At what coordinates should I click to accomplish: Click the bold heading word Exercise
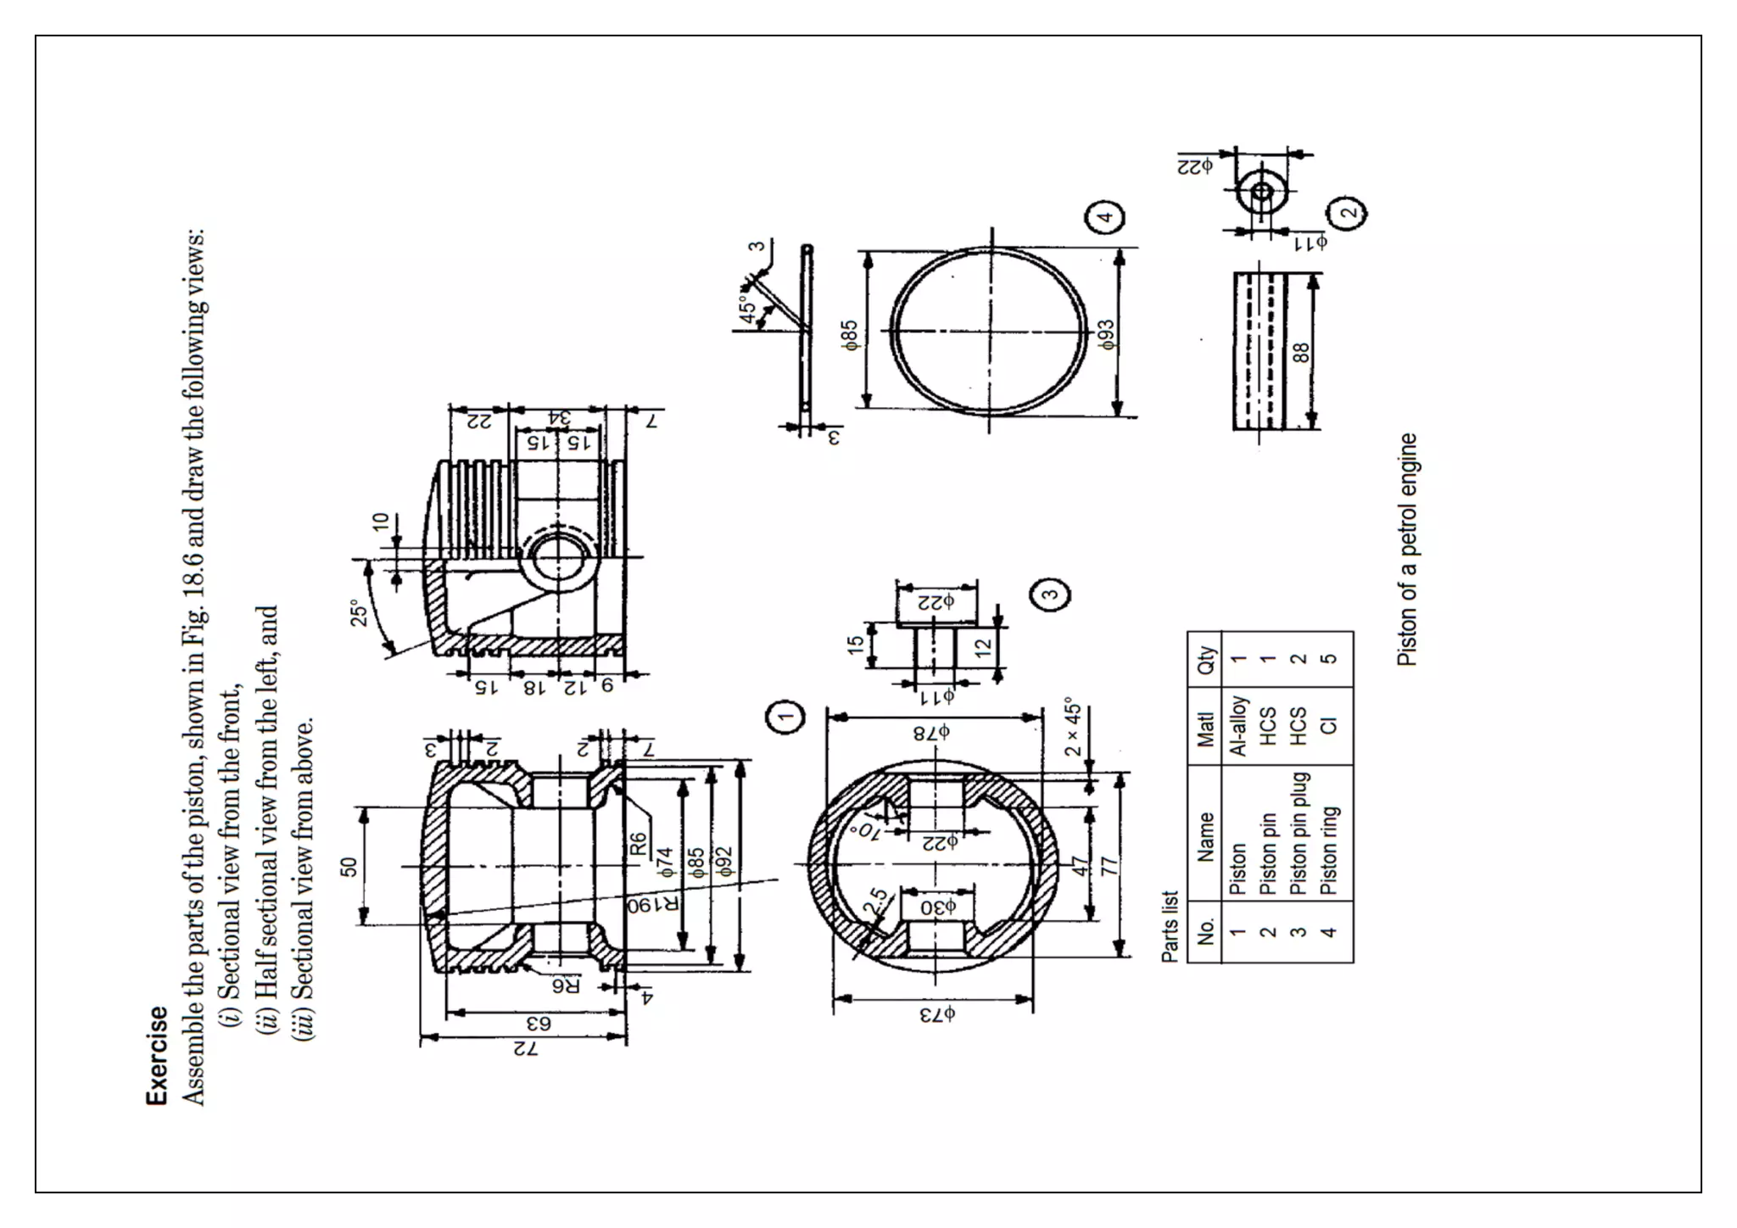coord(157,1055)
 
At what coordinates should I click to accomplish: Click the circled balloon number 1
coord(786,717)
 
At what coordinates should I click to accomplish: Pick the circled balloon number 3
coord(1050,594)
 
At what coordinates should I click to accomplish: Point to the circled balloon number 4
coord(1105,216)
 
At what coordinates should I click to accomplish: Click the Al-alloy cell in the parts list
coord(1237,726)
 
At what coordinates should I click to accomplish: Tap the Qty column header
coord(1205,659)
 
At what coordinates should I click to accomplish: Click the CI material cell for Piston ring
coord(1328,726)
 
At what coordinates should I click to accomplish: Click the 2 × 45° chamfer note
coord(1073,727)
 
